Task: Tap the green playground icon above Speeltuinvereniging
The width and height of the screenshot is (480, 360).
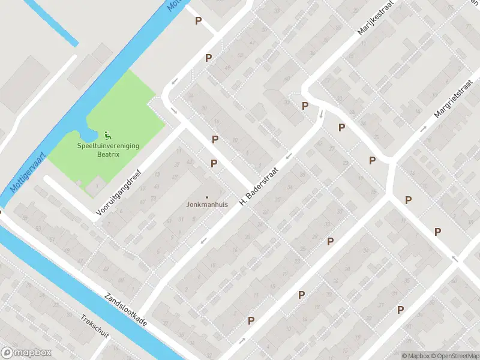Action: pyautogui.click(x=107, y=134)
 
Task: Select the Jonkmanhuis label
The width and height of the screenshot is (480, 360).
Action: pyautogui.click(x=208, y=205)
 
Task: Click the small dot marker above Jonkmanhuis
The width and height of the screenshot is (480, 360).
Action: pyautogui.click(x=208, y=197)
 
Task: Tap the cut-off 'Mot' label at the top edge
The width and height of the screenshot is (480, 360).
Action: pyautogui.click(x=175, y=5)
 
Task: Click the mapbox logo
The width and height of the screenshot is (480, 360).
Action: pyautogui.click(x=26, y=353)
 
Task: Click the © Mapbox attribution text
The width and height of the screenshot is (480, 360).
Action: pyautogui.click(x=415, y=356)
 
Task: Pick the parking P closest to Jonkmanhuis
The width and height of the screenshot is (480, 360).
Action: pyautogui.click(x=214, y=164)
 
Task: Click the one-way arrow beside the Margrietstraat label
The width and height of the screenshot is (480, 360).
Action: pyautogui.click(x=424, y=128)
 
